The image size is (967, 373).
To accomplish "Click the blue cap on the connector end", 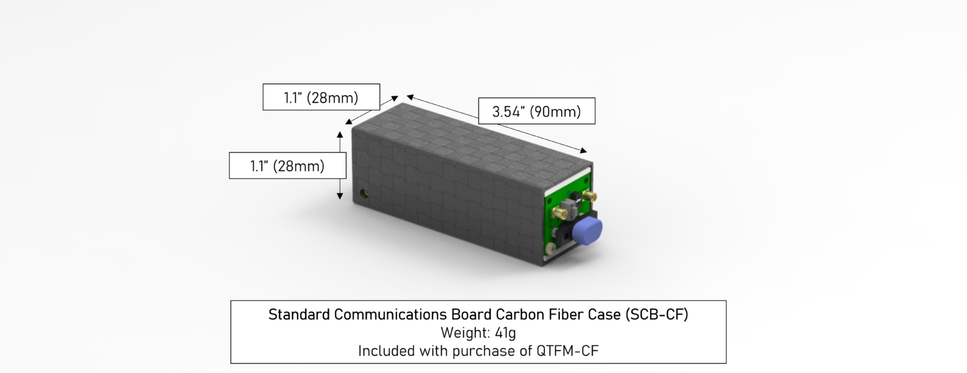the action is (587, 231).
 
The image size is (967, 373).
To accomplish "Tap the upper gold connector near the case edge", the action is (589, 195).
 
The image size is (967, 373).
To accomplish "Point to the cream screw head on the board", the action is (551, 247).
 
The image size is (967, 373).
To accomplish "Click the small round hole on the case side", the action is (364, 194).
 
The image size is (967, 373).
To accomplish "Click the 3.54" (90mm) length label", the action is (536, 112).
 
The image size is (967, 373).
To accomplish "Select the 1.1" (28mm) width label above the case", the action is (321, 98).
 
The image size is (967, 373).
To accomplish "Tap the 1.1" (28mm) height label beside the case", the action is (288, 166).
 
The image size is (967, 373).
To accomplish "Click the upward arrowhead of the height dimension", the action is (340, 135).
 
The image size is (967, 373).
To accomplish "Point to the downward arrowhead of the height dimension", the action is (340, 196).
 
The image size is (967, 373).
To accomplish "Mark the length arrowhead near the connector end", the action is (583, 150).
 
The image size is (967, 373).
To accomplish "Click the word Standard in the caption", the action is (299, 315).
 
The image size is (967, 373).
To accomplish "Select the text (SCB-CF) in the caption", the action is (657, 315).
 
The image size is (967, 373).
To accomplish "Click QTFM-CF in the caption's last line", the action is (567, 351).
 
